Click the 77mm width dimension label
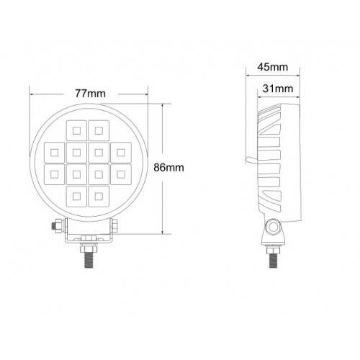pyautogui.click(x=88, y=93)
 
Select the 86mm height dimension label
pyautogui.click(x=170, y=167)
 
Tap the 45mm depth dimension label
pyautogui.click(x=272, y=68)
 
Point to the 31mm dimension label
pyautogui.click(x=278, y=89)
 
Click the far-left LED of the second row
pyautogui.click(x=53, y=151)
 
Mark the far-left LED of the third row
pyautogui.click(x=53, y=174)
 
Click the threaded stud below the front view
pyautogui.click(x=88, y=256)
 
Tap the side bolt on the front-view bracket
pyautogui.click(x=54, y=228)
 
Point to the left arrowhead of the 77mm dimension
pyautogui.click(x=32, y=94)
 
